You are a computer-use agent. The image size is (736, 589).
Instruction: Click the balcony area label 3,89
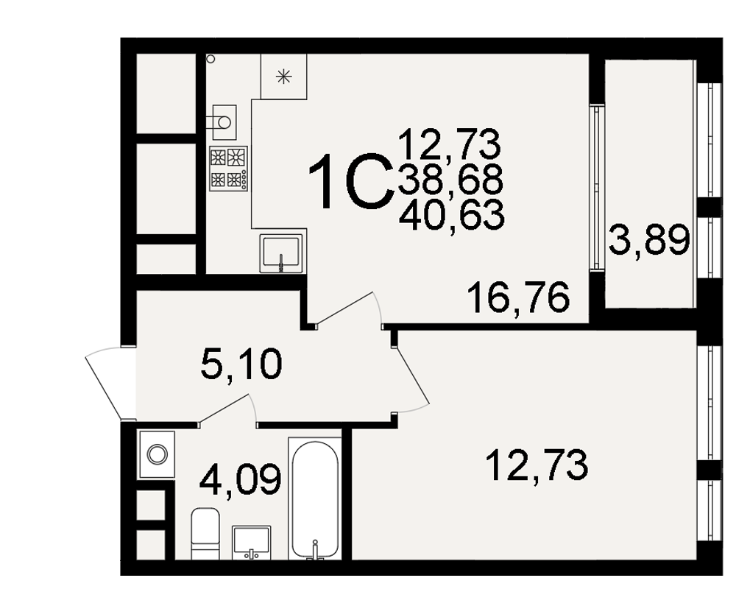pyautogui.click(x=649, y=240)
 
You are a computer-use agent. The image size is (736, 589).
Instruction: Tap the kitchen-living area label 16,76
pyautogui.click(x=519, y=297)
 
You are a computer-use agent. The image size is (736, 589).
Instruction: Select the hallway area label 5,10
pyautogui.click(x=241, y=365)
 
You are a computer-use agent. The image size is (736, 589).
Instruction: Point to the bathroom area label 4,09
pyautogui.click(x=241, y=479)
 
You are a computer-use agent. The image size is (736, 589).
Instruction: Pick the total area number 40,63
pyautogui.click(x=452, y=216)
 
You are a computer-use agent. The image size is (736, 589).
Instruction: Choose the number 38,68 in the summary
pyautogui.click(x=450, y=180)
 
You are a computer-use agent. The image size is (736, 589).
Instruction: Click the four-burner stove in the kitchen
pyautogui.click(x=228, y=168)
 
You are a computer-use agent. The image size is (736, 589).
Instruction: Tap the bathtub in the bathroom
pyautogui.click(x=314, y=499)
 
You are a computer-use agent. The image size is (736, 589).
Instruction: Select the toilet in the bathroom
pyautogui.click(x=205, y=534)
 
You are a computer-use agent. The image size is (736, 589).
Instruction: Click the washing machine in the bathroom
pyautogui.click(x=157, y=455)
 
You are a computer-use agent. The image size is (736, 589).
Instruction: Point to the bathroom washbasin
pyautogui.click(x=252, y=543)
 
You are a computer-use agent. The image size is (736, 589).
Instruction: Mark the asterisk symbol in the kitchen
pyautogui.click(x=283, y=76)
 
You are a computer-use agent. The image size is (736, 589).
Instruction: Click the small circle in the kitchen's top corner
pyautogui.click(x=210, y=59)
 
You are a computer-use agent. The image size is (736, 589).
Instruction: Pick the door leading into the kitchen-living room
pyautogui.click(x=348, y=308)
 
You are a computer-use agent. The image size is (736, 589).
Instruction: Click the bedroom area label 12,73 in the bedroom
pyautogui.click(x=537, y=465)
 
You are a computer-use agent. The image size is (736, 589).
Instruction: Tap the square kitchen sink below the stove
pyautogui.click(x=280, y=253)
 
